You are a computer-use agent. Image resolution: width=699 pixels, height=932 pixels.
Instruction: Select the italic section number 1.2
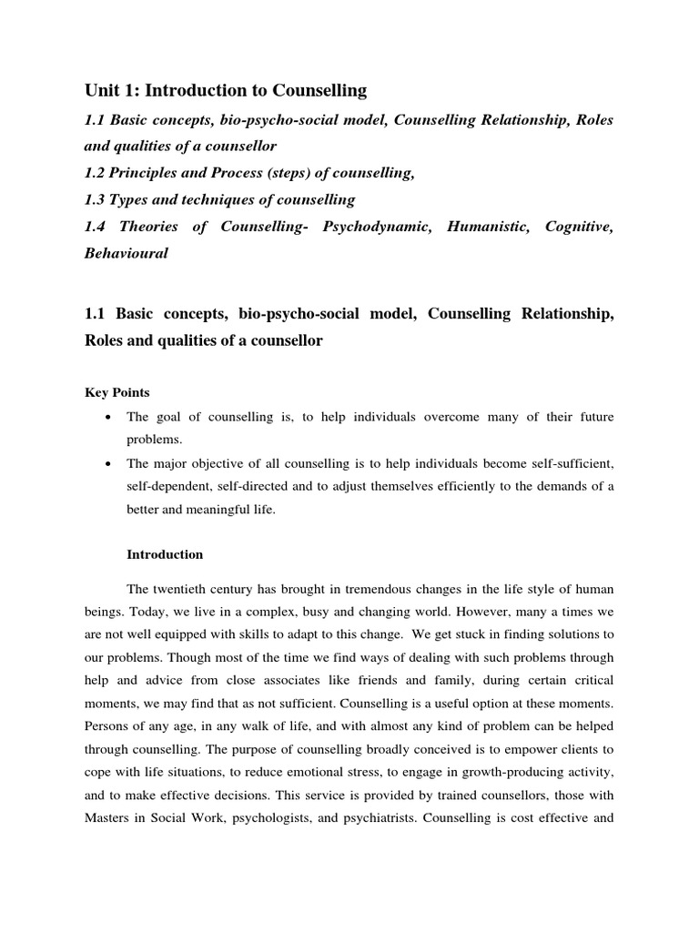tap(96, 172)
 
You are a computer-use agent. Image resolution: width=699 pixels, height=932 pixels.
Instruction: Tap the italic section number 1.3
tap(96, 199)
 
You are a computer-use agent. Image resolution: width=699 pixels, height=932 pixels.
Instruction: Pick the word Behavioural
tap(127, 254)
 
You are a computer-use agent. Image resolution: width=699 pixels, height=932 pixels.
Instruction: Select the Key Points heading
tap(117, 392)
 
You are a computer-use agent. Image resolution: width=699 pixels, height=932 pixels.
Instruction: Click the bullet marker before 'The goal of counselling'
tap(109, 417)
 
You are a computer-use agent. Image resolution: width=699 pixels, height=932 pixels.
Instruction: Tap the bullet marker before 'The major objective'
tap(109, 463)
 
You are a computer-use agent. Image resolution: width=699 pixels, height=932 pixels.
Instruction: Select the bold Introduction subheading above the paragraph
tap(165, 554)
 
